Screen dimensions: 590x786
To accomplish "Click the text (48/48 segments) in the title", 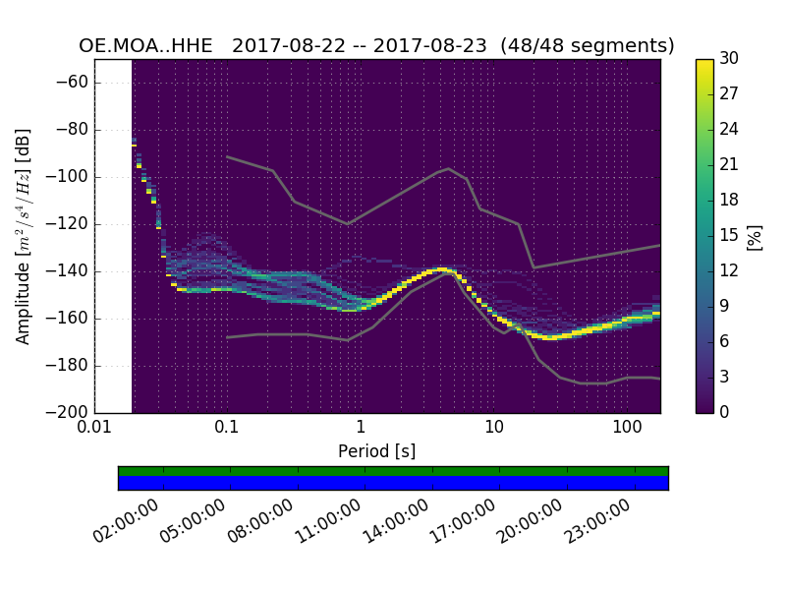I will (588, 46).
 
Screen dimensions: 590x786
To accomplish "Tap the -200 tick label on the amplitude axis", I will (69, 412).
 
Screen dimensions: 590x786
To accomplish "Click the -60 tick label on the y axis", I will (73, 83).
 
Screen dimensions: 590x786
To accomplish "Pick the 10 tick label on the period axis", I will (494, 430).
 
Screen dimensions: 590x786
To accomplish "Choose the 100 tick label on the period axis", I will (627, 430).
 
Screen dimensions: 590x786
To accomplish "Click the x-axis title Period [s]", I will (377, 451).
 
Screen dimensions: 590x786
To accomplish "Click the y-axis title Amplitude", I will (24, 236).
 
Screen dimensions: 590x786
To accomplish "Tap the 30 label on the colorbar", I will (729, 59).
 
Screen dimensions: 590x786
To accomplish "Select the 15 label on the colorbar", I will (729, 236).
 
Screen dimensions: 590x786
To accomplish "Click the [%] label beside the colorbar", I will (755, 236).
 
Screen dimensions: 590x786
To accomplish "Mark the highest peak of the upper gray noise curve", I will (449, 168).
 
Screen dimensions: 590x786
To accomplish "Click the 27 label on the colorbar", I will (729, 94).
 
